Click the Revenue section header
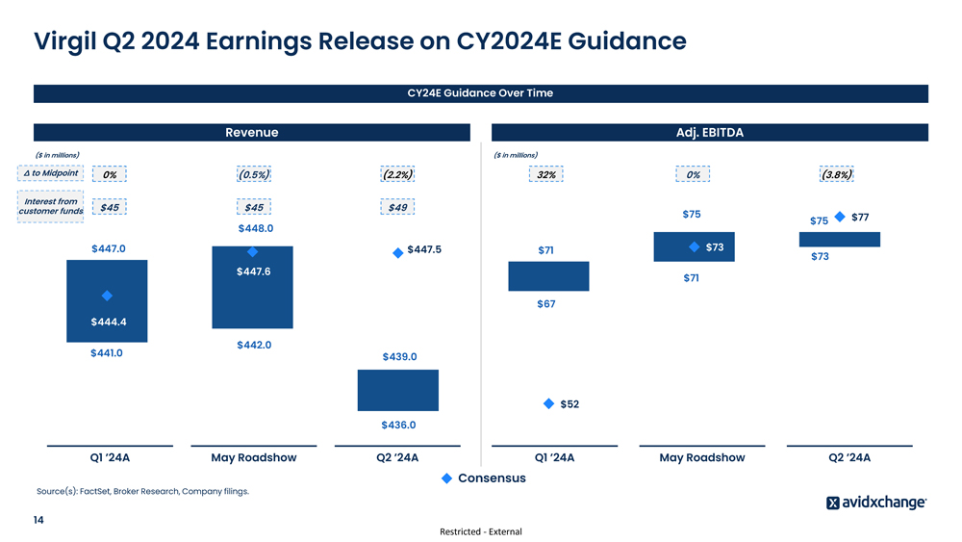tap(251, 133)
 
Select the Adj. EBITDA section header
tap(709, 133)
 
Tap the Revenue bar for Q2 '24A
tap(397, 390)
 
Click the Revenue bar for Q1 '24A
tap(107, 300)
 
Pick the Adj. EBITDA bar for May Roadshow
tap(694, 246)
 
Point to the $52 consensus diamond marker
tap(548, 404)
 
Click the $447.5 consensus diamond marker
tap(397, 252)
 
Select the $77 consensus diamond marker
tap(841, 217)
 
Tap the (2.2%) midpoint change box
tap(397, 174)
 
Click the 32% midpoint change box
tap(545, 174)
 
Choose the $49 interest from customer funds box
tap(397, 207)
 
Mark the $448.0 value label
tap(256, 228)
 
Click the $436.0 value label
tap(398, 425)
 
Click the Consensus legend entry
tap(484, 478)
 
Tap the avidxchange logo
tap(876, 503)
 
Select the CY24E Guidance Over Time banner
tap(480, 93)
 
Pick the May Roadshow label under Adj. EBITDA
tap(701, 458)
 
